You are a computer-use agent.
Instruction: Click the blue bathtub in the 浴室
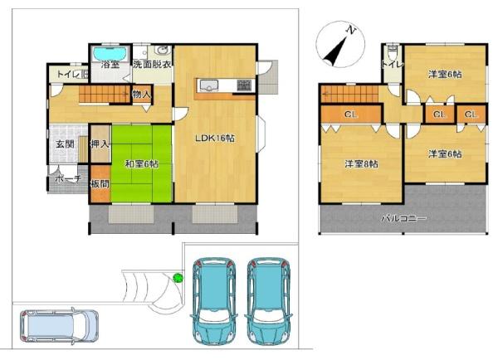[110, 51]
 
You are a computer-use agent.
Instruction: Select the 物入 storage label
[141, 95]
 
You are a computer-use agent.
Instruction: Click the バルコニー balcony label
[403, 218]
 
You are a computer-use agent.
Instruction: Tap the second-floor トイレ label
[392, 62]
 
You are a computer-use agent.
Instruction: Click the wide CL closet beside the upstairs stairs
[351, 114]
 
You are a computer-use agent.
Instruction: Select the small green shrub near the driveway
[177, 278]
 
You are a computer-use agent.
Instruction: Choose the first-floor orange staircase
[104, 97]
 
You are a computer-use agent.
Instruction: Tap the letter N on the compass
[351, 31]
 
